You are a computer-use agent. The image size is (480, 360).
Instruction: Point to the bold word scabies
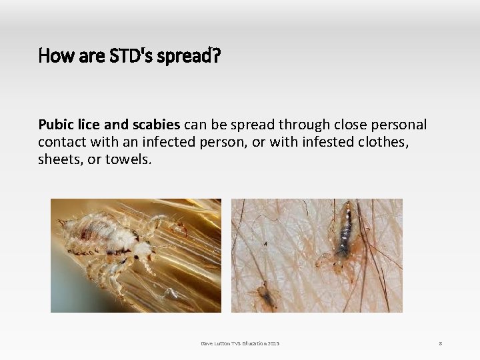coord(155,125)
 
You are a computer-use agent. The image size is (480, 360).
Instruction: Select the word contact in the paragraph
coord(60,142)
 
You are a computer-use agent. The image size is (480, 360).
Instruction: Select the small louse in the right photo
coord(264,296)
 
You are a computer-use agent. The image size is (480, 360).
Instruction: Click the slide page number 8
coord(440,343)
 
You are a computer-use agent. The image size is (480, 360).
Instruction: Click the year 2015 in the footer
coord(273,343)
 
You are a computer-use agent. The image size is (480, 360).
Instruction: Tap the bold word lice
coord(86,125)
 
